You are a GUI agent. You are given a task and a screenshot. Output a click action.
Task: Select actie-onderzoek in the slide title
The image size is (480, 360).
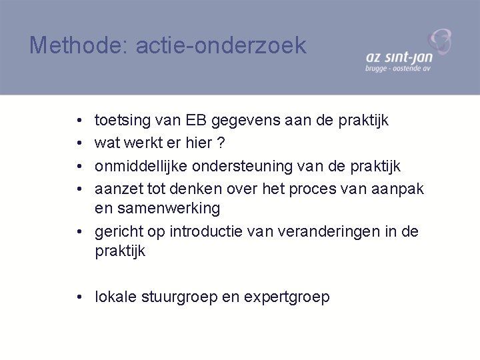coord(221,45)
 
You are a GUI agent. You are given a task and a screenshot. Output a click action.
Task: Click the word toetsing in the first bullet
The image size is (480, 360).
coord(123,121)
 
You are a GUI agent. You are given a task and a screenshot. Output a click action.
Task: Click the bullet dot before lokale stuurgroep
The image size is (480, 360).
coord(79,297)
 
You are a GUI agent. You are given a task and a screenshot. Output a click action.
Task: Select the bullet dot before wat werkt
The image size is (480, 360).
coord(79,143)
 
